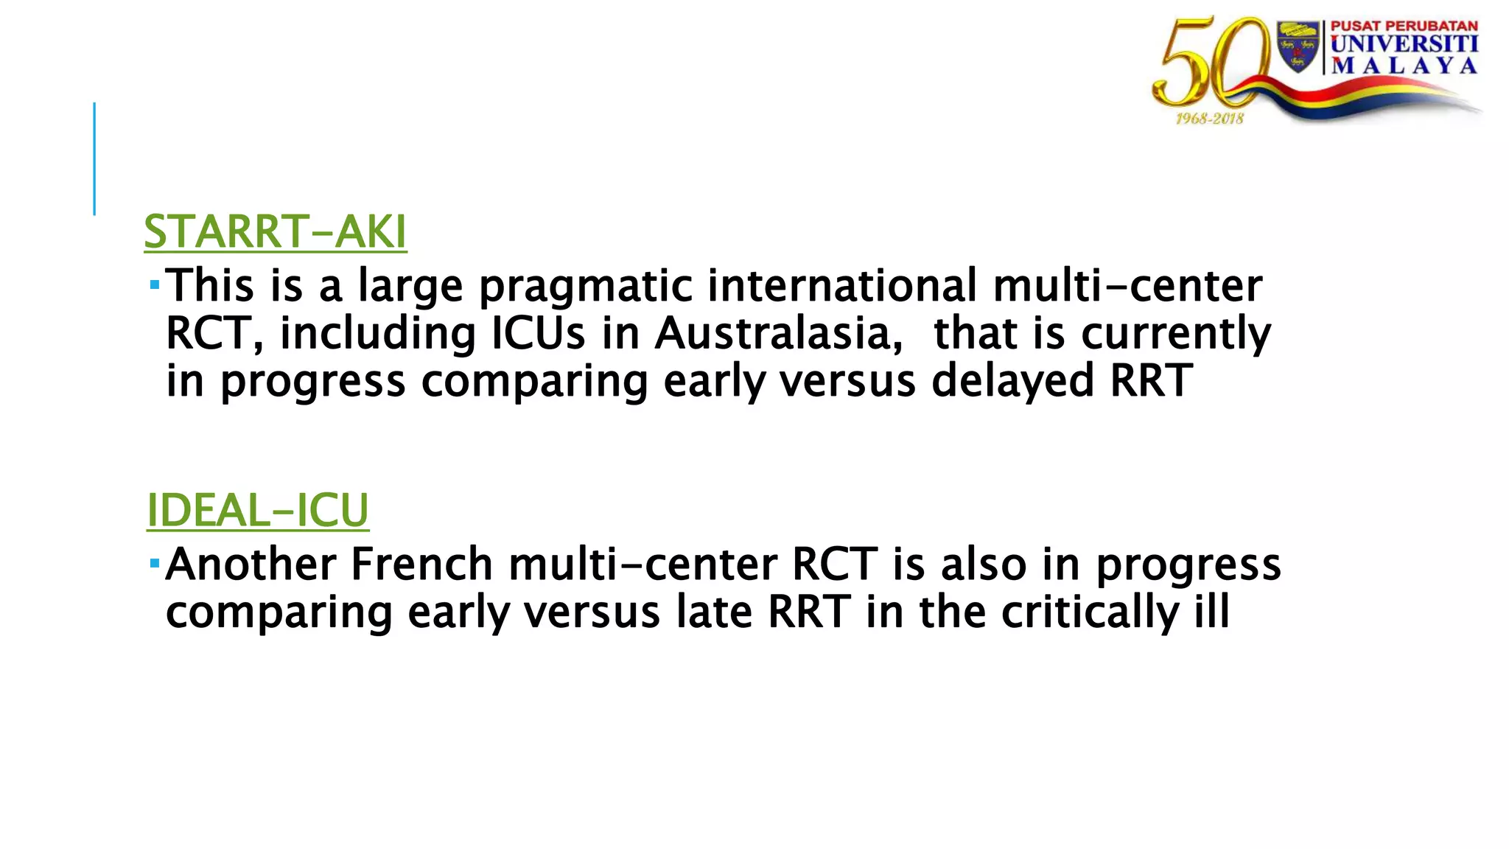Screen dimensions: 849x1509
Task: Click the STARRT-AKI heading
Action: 275,232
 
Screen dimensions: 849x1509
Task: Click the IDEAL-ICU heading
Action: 257,510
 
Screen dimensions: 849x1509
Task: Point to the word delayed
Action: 1013,381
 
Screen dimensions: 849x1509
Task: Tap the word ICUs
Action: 538,333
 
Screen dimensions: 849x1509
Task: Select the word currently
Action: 1176,333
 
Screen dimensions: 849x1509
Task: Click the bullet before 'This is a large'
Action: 154,284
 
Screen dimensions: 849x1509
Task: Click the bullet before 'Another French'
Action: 154,563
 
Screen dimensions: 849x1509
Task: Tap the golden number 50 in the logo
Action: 1208,66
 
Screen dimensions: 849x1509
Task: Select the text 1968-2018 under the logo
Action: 1209,119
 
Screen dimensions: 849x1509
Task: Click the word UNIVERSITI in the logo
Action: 1404,44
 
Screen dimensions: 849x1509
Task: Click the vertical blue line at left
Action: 94,158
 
